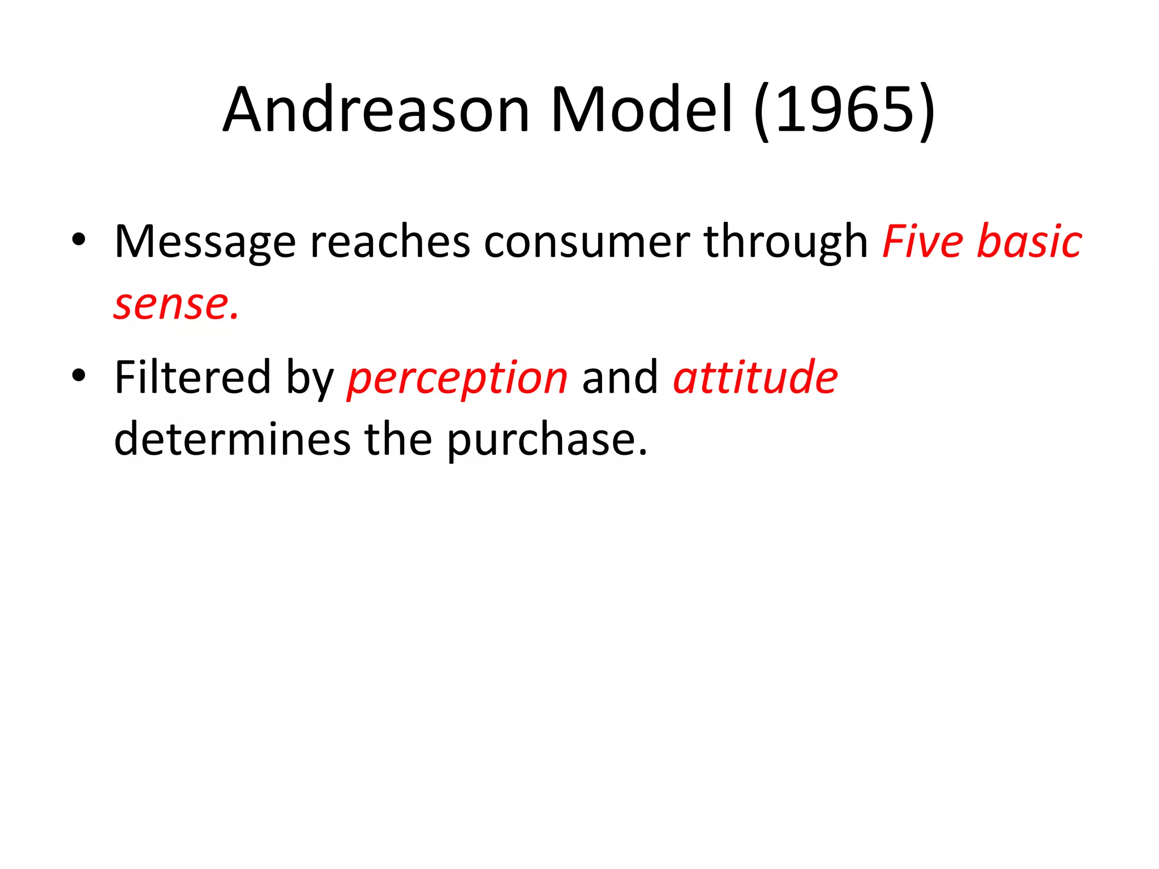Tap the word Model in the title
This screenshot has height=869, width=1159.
(x=642, y=110)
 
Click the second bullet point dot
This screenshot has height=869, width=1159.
(x=79, y=375)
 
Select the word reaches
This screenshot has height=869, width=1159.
(x=390, y=242)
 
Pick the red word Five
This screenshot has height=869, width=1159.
(x=923, y=242)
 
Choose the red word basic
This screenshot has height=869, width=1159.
(x=1030, y=242)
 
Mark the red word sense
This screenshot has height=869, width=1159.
(x=176, y=305)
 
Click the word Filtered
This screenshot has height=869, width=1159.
(x=192, y=377)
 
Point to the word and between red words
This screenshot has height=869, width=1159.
(x=620, y=377)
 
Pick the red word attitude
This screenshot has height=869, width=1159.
(x=756, y=377)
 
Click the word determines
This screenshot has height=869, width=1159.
(x=232, y=439)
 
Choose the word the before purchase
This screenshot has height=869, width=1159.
(x=398, y=439)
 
